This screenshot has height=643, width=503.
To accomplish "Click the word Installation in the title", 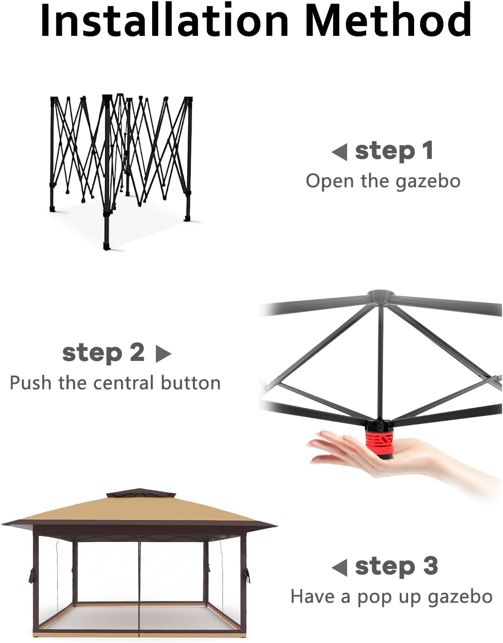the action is pos(164,20).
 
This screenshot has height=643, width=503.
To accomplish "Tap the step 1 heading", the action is pos(394,151).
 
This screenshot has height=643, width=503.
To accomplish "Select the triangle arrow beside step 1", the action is pos(339,152).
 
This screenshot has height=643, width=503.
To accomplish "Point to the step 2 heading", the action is pos(103,353).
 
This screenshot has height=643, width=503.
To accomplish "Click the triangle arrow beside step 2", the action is pos(163,354).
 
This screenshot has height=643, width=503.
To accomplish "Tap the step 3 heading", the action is pos(396,566).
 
